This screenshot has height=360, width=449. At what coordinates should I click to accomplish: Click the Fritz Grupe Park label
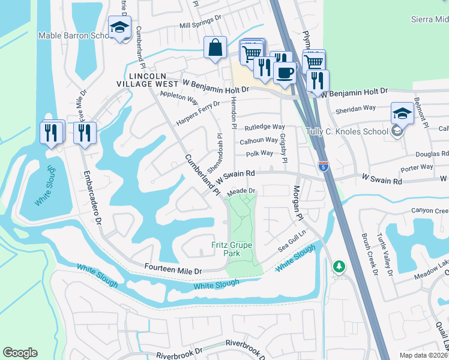pos(232,249)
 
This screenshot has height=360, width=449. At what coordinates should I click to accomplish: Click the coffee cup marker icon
pos(284,72)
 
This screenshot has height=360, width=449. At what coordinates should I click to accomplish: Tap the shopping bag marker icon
pos(215,47)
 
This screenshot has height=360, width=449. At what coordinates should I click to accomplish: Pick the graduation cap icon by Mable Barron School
pos(119,27)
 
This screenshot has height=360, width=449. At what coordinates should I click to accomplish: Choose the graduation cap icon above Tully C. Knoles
pos(402,112)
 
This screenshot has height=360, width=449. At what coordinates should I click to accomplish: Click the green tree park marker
pos(339,266)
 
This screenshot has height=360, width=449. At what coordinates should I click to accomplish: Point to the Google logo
pos(20,352)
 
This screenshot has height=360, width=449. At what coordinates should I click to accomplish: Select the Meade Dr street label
pos(242,191)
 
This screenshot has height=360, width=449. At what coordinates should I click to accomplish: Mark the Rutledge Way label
pos(264,127)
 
